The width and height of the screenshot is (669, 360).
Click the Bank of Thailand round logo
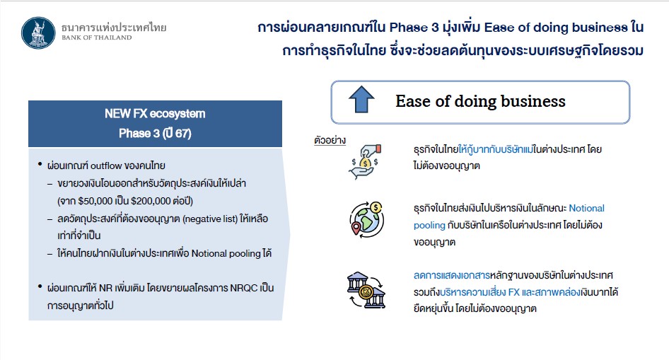click(38, 33)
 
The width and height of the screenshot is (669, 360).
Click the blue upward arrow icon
click(361, 100)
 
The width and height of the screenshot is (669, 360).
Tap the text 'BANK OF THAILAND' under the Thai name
click(97, 38)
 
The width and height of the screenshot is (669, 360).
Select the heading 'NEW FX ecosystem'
click(155, 114)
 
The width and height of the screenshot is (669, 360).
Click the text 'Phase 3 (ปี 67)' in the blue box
click(155, 134)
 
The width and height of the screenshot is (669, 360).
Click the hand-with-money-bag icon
click(365, 161)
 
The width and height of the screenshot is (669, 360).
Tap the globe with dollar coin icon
click(366, 219)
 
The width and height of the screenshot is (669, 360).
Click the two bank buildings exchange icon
click(366, 290)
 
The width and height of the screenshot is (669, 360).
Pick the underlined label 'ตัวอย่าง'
click(330, 141)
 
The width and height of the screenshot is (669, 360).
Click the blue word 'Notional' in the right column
click(587, 208)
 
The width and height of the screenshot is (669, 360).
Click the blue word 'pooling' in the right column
click(429, 225)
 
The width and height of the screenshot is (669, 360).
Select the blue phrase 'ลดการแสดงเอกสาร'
click(452, 276)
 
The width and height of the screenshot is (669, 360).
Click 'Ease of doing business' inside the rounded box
click(480, 102)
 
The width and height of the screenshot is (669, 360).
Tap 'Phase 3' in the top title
click(414, 28)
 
